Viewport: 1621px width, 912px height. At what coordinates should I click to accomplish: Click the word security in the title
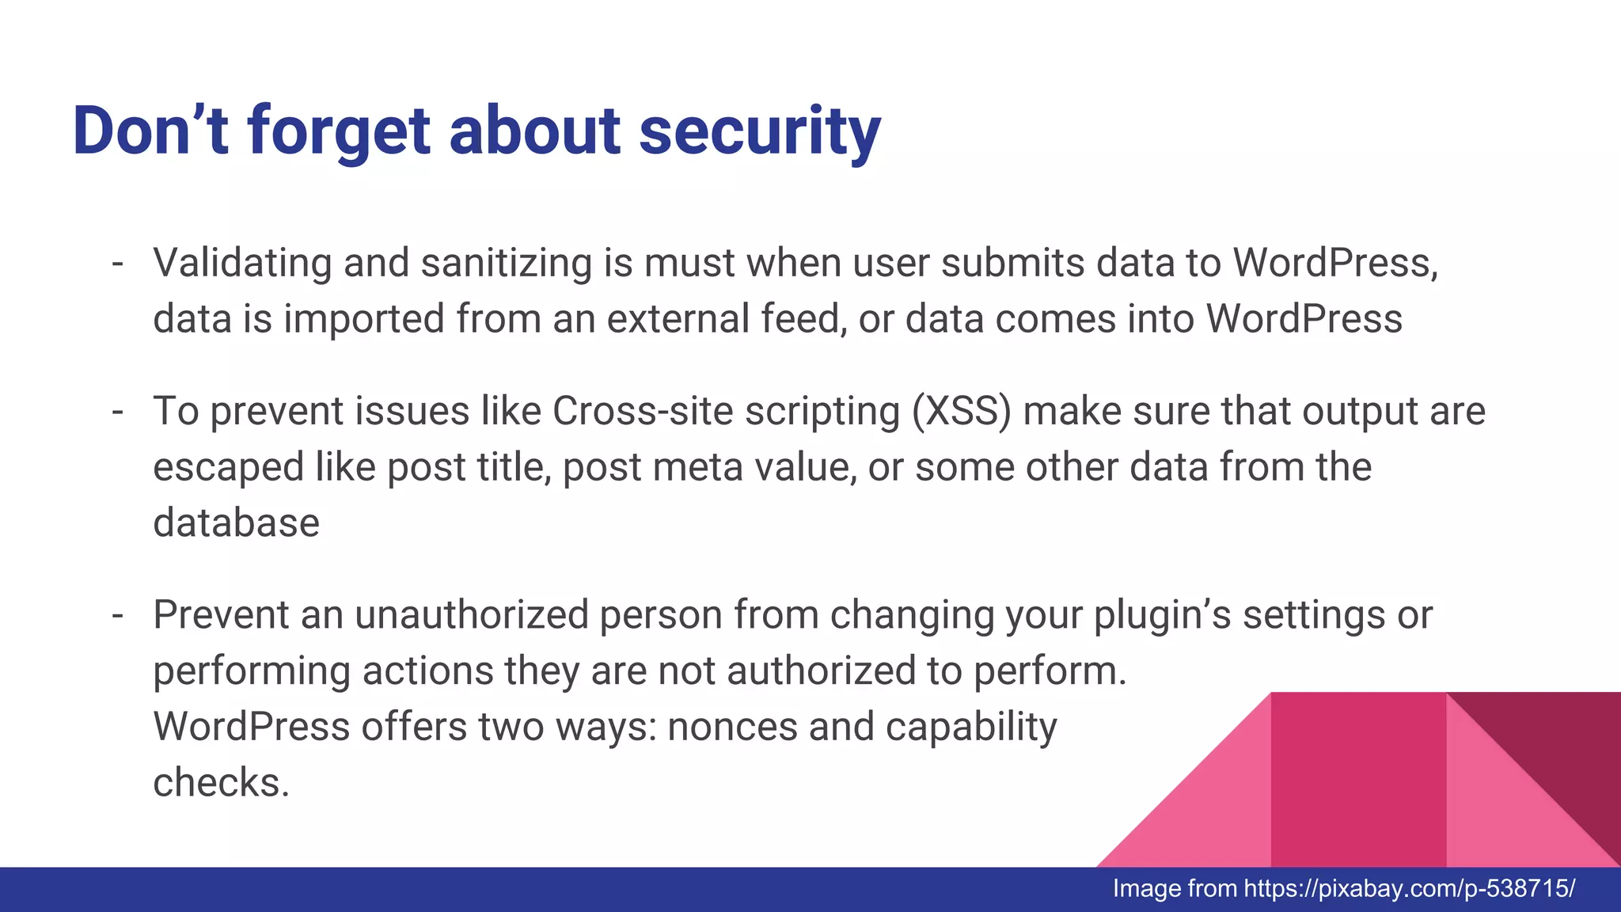759,133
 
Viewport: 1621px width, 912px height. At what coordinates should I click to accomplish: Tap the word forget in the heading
339,133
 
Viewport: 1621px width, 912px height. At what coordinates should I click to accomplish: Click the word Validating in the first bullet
242,264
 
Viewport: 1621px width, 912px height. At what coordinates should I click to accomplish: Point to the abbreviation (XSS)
961,412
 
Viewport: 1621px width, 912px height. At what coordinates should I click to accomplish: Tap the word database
236,523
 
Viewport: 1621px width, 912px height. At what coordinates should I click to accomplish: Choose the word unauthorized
472,615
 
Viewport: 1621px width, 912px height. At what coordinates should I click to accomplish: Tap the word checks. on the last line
221,783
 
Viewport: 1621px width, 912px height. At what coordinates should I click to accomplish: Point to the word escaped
228,468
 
